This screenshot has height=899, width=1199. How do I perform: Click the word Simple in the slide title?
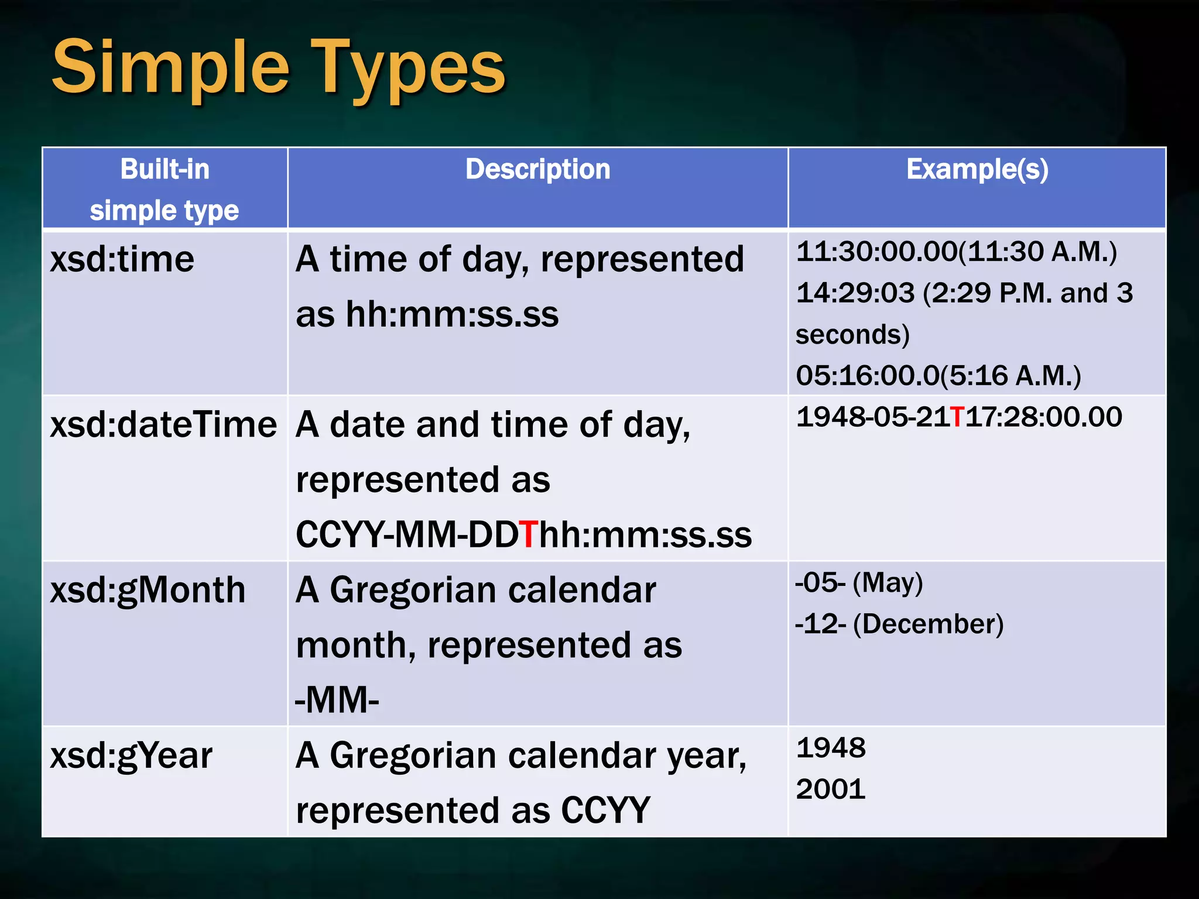pos(170,67)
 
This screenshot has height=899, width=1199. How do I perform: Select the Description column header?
pos(537,170)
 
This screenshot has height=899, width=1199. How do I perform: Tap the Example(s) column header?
pos(977,170)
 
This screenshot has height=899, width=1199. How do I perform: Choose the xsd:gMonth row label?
pos(148,590)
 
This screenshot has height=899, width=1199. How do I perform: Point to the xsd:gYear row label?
pos(131,756)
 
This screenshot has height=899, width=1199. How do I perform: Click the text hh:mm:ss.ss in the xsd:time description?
pos(452,315)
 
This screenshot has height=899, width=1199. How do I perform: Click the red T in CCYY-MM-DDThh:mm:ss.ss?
pos(529,534)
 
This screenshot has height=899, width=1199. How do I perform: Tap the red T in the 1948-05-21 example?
pos(958,417)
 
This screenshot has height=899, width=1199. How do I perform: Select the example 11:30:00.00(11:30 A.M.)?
pos(956,252)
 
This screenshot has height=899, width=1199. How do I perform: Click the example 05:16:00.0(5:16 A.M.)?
pos(938,375)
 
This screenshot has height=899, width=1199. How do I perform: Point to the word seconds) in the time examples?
pos(852,335)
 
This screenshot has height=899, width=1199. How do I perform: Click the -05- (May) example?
pos(859,583)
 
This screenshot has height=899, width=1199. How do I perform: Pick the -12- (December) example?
pos(899,624)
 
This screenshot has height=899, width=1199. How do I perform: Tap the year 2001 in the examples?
pos(830,790)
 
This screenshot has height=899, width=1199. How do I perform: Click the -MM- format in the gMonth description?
pos(337,700)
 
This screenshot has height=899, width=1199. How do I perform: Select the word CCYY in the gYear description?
pos(605,811)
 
